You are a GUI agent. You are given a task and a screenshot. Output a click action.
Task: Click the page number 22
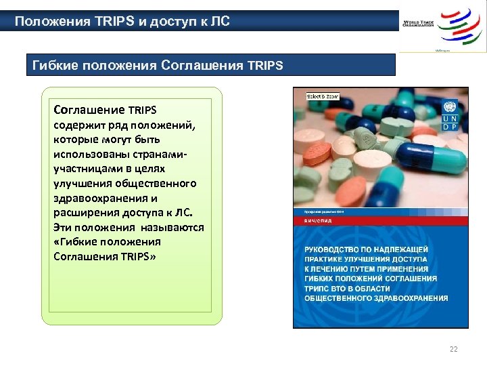tap(453, 350)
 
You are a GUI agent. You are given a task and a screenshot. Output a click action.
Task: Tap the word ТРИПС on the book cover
tap(319, 287)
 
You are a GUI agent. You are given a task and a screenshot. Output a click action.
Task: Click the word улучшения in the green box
tap(81, 183)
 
